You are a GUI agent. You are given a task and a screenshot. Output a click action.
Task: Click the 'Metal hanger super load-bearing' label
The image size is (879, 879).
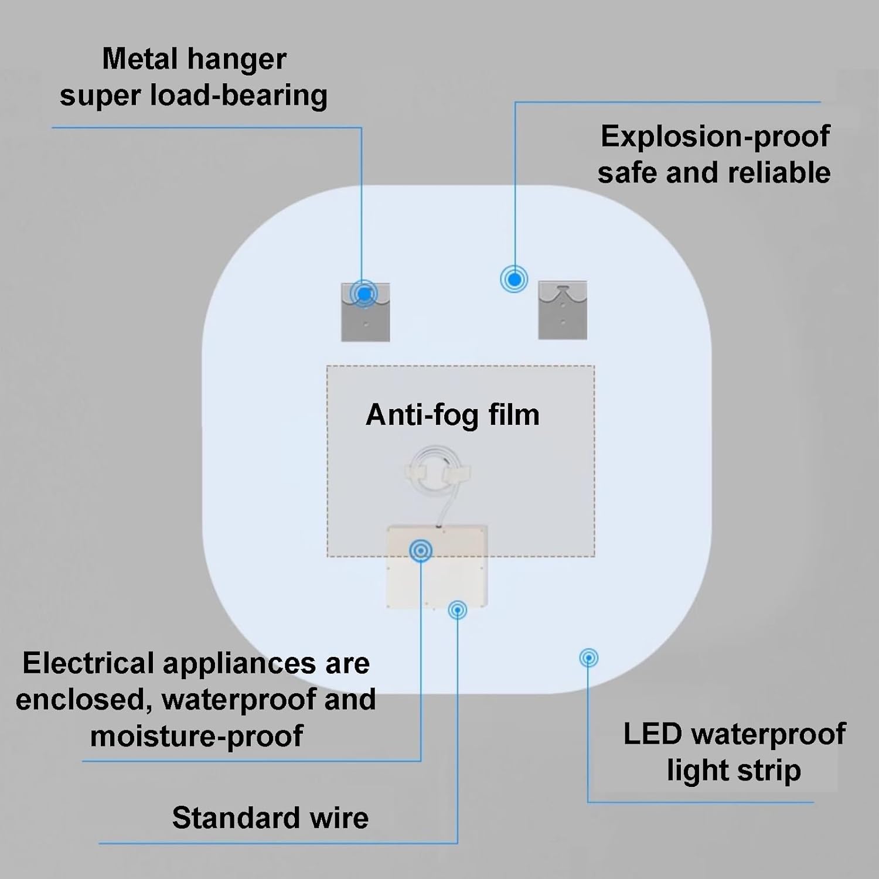pyautogui.click(x=193, y=77)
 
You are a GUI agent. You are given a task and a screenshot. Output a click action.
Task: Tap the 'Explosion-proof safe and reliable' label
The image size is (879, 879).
pyautogui.click(x=714, y=154)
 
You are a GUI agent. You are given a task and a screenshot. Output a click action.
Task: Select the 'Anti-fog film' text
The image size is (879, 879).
pyautogui.click(x=452, y=415)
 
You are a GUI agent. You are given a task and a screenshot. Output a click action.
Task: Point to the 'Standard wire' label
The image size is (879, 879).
pyautogui.click(x=270, y=817)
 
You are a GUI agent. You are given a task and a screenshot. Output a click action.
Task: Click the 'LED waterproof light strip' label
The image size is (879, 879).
pyautogui.click(x=734, y=752)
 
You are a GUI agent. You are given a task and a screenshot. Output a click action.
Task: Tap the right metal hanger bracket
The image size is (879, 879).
pyautogui.click(x=563, y=310)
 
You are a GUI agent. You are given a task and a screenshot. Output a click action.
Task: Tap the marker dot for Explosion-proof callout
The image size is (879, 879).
pyautogui.click(x=515, y=280)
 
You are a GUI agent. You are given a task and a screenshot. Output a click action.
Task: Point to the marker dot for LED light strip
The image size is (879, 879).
pyautogui.click(x=588, y=657)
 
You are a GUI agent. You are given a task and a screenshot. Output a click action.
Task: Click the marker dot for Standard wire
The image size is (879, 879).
pyautogui.click(x=457, y=610)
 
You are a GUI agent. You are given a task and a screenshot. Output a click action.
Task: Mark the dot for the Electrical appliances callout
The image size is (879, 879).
pyautogui.click(x=421, y=550)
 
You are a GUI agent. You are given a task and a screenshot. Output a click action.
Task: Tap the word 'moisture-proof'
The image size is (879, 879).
pyautogui.click(x=196, y=735)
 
